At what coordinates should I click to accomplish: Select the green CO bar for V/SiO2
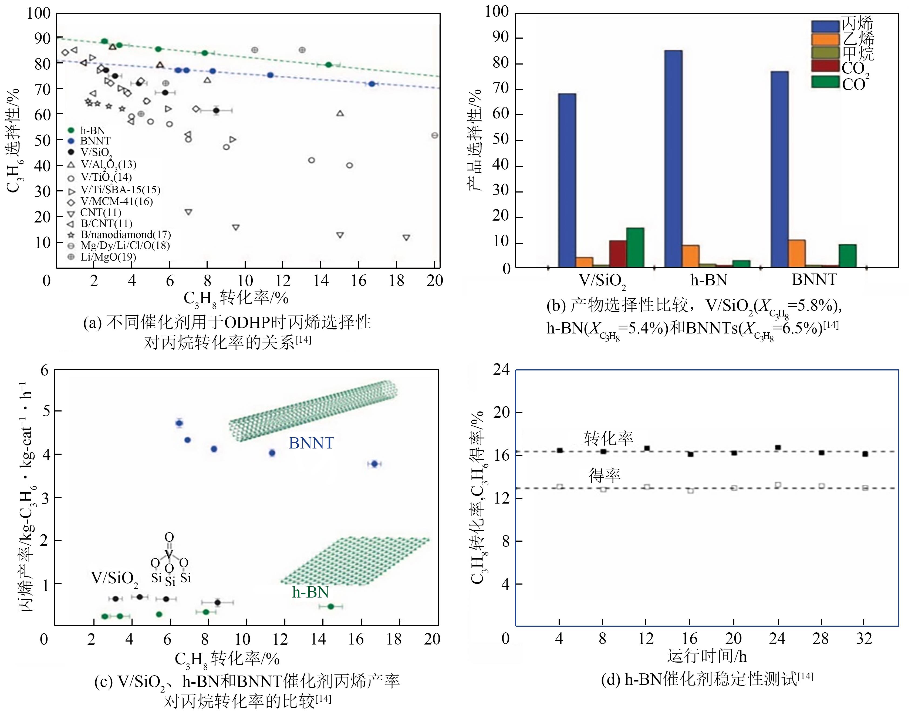point(635,248)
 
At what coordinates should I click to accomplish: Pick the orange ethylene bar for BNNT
point(797,254)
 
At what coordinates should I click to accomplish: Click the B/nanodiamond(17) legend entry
point(126,235)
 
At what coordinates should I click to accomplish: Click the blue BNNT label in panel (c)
point(311,443)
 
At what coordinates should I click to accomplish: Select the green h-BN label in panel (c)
point(310,592)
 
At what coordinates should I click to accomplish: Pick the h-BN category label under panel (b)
point(709,280)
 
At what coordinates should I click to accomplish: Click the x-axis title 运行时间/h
point(707,656)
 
